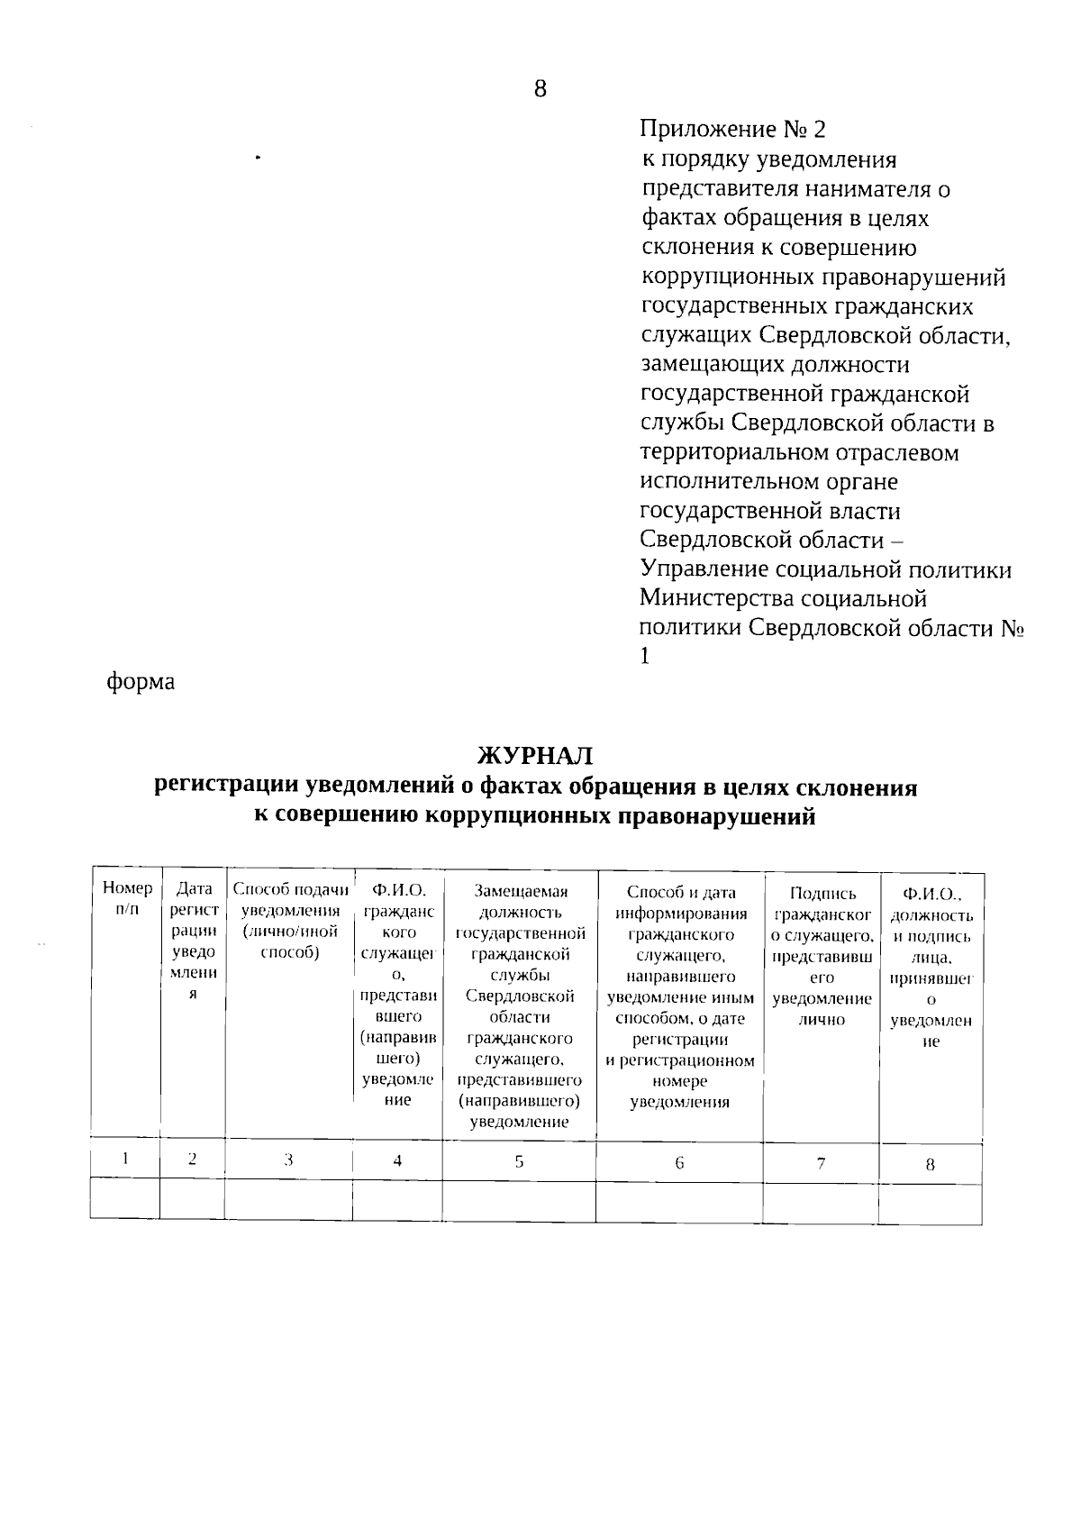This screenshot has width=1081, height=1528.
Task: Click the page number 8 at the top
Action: [540, 88]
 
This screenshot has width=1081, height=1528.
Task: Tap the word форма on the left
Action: [141, 682]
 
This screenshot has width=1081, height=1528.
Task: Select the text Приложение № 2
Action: [731, 130]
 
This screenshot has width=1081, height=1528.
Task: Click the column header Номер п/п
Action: [127, 898]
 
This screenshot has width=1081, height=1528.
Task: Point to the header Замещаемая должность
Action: [520, 901]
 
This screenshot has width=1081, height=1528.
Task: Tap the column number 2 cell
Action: [192, 1160]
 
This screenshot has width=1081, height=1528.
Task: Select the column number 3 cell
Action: [288, 1160]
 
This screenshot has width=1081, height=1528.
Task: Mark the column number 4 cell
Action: [397, 1161]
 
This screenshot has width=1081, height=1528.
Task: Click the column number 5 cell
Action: [519, 1162]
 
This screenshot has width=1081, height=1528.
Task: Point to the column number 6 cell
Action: [679, 1163]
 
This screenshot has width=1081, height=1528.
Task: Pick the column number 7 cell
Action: [821, 1163]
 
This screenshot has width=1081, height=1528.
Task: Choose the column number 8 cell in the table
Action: [931, 1164]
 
